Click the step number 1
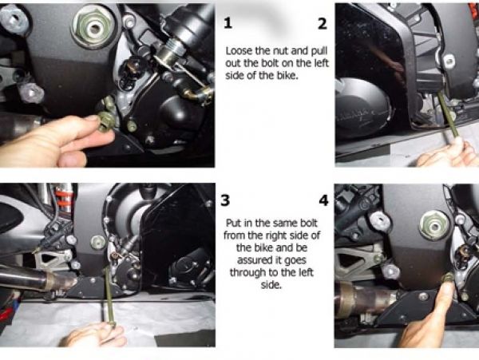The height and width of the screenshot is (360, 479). (x=228, y=23)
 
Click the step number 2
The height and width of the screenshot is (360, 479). (x=323, y=23)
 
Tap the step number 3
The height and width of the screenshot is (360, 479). (x=225, y=200)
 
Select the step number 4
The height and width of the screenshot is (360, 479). (x=323, y=200)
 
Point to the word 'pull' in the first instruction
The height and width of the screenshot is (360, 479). (x=319, y=51)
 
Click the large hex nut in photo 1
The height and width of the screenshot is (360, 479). (x=93, y=27)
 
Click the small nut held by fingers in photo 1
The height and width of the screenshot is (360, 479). (x=105, y=121)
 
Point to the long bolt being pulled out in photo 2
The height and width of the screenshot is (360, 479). (x=447, y=116)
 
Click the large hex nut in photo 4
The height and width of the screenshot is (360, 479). (x=434, y=226)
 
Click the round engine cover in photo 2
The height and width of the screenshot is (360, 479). (x=361, y=107)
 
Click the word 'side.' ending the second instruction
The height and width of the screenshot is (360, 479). (x=271, y=285)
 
